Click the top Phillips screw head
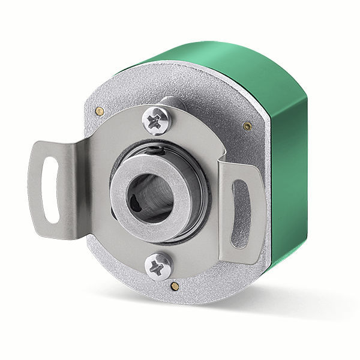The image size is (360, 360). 157,121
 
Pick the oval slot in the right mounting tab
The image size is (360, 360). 241,213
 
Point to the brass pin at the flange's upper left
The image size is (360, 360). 97,110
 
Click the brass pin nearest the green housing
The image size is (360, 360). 247,126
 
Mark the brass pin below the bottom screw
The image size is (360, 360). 173,285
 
